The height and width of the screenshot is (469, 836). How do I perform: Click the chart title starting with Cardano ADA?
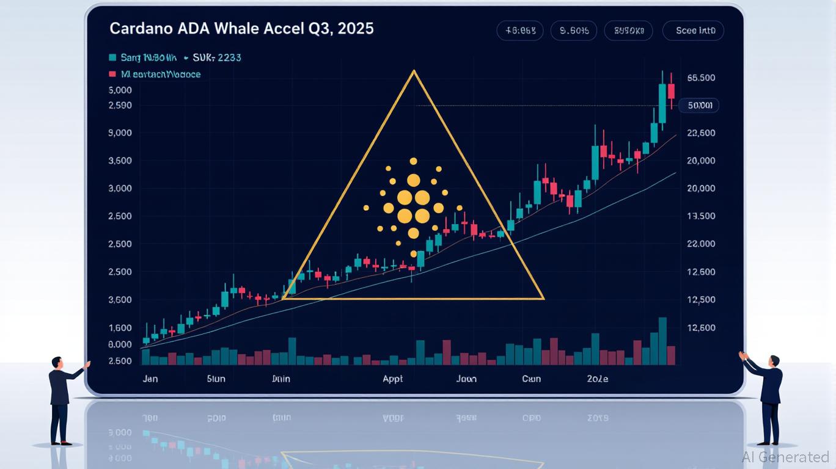[241, 29]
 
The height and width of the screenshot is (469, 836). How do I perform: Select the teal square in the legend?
[112, 57]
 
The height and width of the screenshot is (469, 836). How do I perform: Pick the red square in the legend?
[112, 74]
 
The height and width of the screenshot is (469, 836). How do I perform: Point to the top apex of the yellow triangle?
[414, 71]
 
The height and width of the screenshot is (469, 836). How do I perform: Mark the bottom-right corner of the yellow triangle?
[543, 299]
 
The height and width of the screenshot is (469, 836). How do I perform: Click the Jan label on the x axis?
[150, 379]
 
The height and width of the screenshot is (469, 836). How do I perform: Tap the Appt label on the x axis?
[392, 379]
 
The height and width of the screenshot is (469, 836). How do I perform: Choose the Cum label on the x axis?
[531, 379]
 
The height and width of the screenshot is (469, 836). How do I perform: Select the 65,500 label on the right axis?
[701, 78]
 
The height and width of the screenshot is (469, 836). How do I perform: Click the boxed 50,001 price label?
[700, 106]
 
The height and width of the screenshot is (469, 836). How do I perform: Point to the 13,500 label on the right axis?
[701, 216]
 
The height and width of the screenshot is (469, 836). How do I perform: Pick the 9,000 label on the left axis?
[120, 133]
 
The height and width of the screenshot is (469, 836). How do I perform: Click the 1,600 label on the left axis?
[120, 328]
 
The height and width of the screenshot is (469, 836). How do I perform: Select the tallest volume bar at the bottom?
[662, 341]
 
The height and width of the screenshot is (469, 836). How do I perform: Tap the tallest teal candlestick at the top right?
[662, 104]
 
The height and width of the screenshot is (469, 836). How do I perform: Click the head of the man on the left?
[57, 362]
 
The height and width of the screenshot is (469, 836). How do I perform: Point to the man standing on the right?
[769, 397]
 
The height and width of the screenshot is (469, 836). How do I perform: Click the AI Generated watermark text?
[785, 457]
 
